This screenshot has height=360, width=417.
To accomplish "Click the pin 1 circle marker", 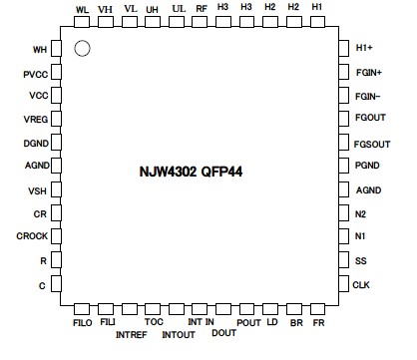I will coord(84,47).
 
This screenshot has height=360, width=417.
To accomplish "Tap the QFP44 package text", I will coord(223,172).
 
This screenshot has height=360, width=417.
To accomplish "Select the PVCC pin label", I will coord(35,73).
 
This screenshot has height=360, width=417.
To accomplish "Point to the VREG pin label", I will coord(35,119).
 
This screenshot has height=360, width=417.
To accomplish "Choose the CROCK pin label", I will coord(32,236).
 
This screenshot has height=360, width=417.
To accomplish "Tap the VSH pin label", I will coord(37,190).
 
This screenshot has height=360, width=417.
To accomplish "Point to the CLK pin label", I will coord(362,284).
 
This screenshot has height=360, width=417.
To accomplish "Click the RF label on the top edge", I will coord(203,8).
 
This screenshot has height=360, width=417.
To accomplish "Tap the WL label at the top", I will coord(82,8).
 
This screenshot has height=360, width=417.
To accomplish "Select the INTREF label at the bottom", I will coord(131,334).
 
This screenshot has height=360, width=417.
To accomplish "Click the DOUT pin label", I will coord(223,334).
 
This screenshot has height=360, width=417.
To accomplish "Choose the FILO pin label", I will coord(82,323).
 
